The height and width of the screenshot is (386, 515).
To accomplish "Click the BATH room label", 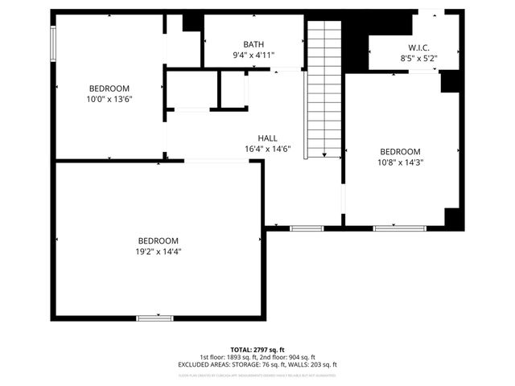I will click(x=253, y=44).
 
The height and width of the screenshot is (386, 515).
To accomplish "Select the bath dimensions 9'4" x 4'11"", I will click(x=253, y=55).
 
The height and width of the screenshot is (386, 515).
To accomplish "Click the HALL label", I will click(x=267, y=138).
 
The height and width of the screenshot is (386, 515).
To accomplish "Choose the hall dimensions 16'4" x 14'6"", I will click(x=267, y=149).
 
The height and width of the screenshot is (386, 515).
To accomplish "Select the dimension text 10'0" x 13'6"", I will click(x=109, y=100).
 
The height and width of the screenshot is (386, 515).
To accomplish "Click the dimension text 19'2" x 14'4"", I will click(x=158, y=252).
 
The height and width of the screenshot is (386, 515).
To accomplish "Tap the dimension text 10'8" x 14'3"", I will click(x=400, y=162).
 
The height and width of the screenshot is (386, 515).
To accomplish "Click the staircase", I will click(x=324, y=88).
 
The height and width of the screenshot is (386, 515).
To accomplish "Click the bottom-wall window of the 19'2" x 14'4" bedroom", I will click(x=154, y=318).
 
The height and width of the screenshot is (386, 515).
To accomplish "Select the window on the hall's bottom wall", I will click(x=306, y=228).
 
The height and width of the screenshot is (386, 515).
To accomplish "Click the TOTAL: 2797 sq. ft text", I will click(x=257, y=350).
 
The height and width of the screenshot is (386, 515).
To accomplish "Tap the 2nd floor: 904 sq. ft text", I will click(x=290, y=357).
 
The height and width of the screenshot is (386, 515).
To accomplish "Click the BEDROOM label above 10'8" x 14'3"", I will click(x=400, y=151).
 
